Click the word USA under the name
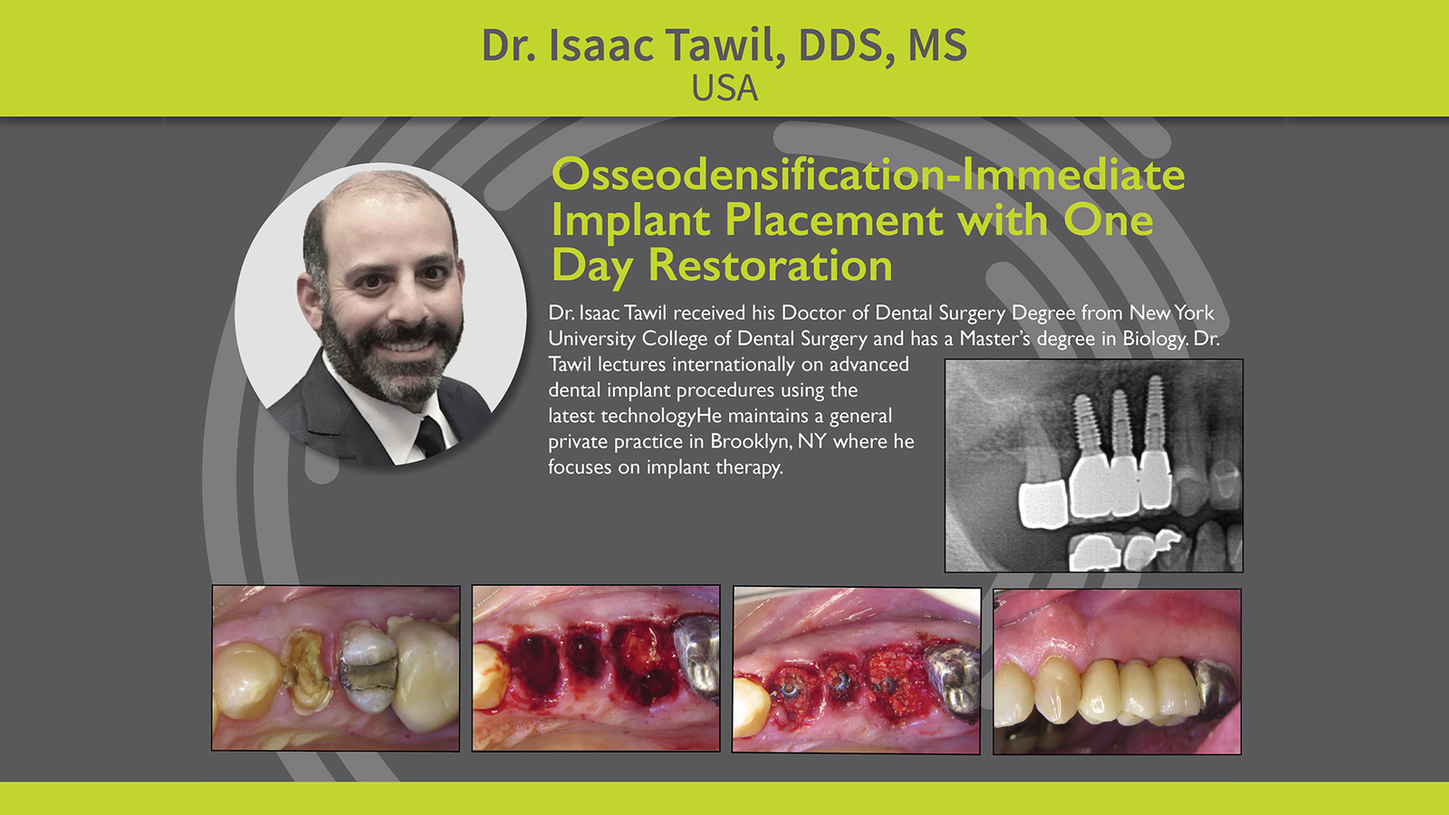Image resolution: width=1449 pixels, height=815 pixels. click(724, 88)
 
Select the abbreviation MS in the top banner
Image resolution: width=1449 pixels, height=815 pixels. click(938, 45)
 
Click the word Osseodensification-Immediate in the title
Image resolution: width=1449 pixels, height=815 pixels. click(868, 175)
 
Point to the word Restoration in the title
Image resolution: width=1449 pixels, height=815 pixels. click(771, 265)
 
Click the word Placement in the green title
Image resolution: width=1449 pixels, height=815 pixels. click(834, 220)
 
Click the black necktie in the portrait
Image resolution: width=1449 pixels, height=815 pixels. click(430, 437)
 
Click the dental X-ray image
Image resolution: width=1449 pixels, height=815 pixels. click(1094, 465)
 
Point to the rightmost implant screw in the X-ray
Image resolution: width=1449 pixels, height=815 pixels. click(1155, 414)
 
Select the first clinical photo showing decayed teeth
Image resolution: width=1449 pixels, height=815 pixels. click(336, 668)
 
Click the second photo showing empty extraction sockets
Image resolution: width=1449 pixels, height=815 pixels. click(596, 668)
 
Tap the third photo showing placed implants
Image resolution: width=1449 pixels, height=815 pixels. click(857, 670)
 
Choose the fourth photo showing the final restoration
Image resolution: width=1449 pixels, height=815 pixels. click(1118, 671)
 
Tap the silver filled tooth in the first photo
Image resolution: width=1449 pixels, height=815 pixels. click(368, 667)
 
